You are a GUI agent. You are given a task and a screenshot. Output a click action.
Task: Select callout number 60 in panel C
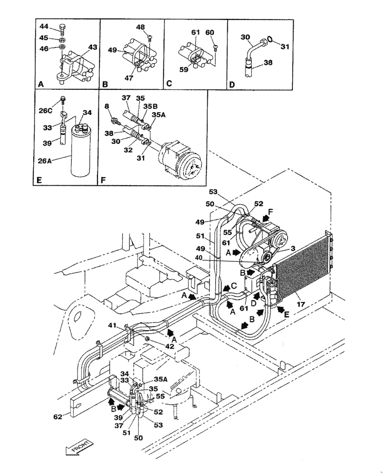[210, 33]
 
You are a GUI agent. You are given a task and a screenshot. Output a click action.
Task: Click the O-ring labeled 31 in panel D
[270, 40]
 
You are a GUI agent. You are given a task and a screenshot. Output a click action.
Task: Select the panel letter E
[40, 180]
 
